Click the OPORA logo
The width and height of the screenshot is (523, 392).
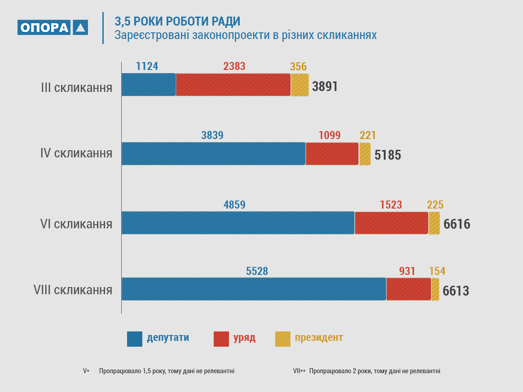point(53,28)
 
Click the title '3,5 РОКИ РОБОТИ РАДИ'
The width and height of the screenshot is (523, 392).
point(177,21)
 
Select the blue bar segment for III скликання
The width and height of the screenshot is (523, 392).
point(149,85)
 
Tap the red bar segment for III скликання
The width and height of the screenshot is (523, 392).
point(233,85)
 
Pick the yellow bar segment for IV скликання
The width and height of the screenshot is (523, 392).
point(365,154)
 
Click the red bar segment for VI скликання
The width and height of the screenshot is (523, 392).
point(391,223)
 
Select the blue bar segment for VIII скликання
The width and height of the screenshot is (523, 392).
point(254,289)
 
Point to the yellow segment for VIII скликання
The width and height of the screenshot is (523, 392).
point(435,289)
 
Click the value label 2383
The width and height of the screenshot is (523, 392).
point(234,66)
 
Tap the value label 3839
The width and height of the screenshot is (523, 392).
point(212,135)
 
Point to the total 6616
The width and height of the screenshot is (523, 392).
point(457,224)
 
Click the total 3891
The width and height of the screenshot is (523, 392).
point(325,87)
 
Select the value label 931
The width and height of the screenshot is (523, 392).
point(407,271)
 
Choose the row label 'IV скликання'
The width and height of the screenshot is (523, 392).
point(76,153)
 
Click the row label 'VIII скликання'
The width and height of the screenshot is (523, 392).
point(73,290)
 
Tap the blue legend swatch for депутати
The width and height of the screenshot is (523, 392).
point(135,339)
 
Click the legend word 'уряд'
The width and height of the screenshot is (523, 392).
point(245,338)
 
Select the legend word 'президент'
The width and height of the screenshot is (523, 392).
point(319,338)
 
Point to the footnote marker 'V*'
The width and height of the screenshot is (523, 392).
point(86,371)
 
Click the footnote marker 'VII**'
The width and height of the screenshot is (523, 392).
point(299,371)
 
